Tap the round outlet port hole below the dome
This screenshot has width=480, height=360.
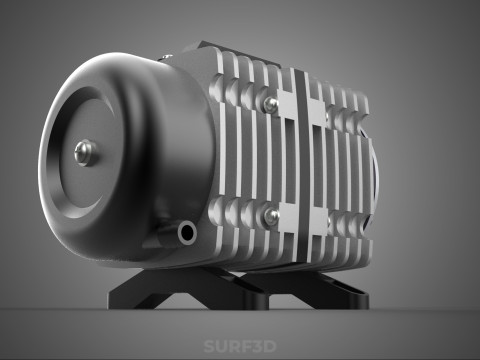coord(185,232)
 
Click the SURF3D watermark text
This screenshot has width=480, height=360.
coord(239,347)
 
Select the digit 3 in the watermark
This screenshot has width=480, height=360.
coord(257,347)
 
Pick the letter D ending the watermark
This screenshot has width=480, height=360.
coord(270,347)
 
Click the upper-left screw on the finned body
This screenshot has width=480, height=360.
coord(270,103)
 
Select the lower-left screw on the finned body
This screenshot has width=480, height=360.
coord(269,215)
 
